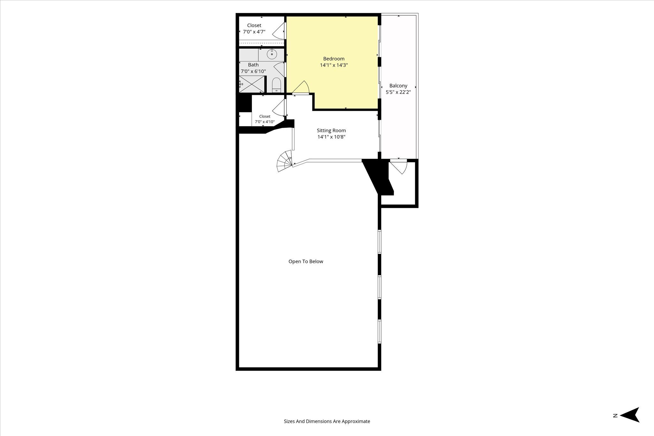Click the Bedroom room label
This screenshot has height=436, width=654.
pyautogui.click(x=334, y=59)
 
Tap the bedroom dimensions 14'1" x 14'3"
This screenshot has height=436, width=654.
pyautogui.click(x=334, y=65)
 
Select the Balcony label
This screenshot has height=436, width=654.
pyautogui.click(x=398, y=86)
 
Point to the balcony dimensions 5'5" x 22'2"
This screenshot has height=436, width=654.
pyautogui.click(x=398, y=92)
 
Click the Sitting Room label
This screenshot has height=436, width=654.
pyautogui.click(x=331, y=131)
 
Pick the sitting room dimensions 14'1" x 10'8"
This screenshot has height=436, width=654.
pyautogui.click(x=331, y=137)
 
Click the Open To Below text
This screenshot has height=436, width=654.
pyautogui.click(x=306, y=261)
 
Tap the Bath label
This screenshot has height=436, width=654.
pyautogui.click(x=253, y=65)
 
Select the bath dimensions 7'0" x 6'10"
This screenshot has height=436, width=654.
pyautogui.click(x=253, y=71)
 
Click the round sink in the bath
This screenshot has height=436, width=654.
pyautogui.click(x=272, y=54)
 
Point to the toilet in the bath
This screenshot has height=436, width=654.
pyautogui.click(x=276, y=85)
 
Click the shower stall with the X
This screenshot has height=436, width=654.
pyautogui.click(x=252, y=84)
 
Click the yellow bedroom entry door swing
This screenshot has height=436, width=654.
pyautogui.click(x=301, y=87)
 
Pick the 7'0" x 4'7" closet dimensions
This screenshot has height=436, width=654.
pyautogui.click(x=254, y=32)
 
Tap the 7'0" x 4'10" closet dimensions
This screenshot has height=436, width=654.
pyautogui.click(x=265, y=122)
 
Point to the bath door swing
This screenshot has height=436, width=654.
pyautogui.click(x=279, y=69)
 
